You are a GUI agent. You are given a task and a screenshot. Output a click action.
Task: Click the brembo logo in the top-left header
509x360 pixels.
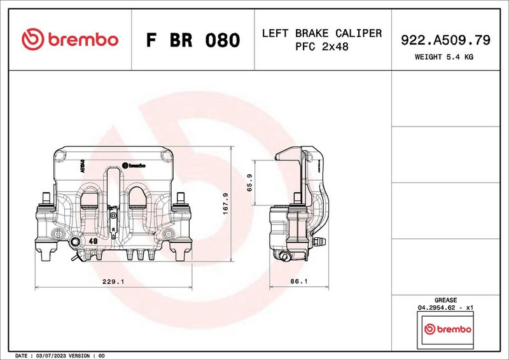pyautogui.click(x=70, y=39)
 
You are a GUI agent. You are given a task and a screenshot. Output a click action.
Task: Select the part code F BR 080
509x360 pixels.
pyautogui.click(x=193, y=40)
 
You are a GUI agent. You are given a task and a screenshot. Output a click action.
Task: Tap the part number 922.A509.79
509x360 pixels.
pyautogui.click(x=445, y=40)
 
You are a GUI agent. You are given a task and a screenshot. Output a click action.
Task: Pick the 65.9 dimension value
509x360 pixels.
pyautogui.click(x=250, y=183)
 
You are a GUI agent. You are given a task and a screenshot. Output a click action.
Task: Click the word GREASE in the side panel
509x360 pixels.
pyautogui.click(x=445, y=300)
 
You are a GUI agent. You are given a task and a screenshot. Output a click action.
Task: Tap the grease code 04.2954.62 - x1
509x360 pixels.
pyautogui.click(x=445, y=307)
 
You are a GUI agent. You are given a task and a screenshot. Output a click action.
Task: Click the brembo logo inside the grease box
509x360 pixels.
pyautogui.click(x=448, y=329)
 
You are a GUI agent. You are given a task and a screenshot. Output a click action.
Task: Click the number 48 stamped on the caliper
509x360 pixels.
pyautogui.click(x=93, y=242)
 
